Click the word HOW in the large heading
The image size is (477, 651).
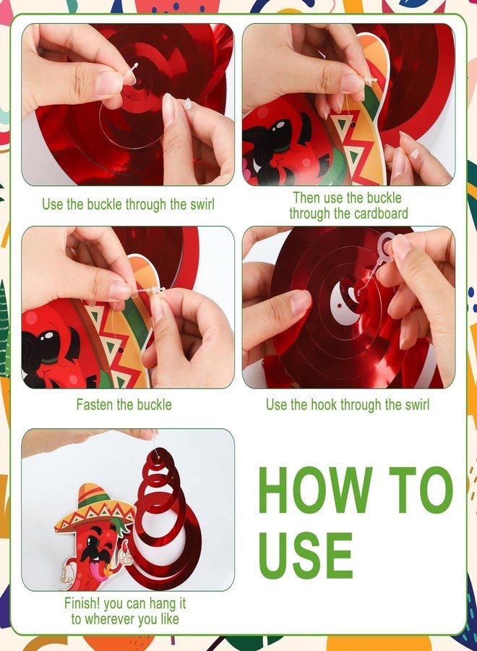pyautogui.click(x=316, y=490)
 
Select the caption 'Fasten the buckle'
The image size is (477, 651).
pyautogui.click(x=124, y=404)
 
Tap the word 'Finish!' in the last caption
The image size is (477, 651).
pyautogui.click(x=82, y=603)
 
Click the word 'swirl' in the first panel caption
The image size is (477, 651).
pyautogui.click(x=202, y=204)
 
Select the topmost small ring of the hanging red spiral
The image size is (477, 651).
pyautogui.click(x=160, y=458)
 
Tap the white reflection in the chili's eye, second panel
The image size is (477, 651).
pyautogui.click(x=280, y=125)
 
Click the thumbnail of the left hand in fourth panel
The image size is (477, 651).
pyautogui.click(x=301, y=302)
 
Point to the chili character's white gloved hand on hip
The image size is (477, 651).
pyautogui.click(x=68, y=573)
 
